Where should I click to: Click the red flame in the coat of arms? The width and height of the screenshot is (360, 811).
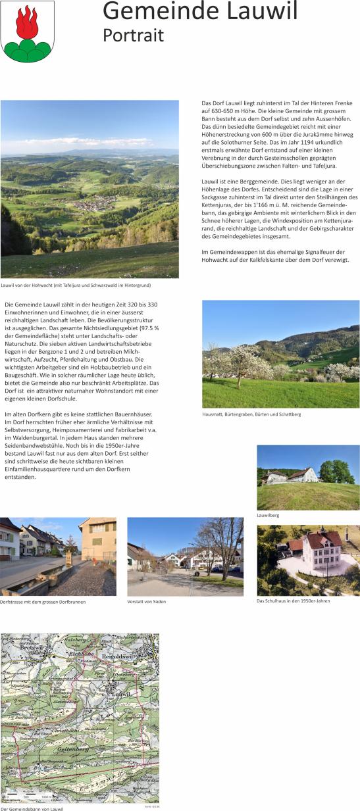click(28, 22)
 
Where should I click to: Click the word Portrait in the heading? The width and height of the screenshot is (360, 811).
click(133, 36)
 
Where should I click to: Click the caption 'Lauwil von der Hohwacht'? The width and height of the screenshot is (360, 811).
click(76, 285)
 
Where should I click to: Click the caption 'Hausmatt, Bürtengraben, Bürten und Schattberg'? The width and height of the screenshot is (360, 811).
click(251, 414)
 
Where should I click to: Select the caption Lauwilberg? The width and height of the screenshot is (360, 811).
click(268, 515)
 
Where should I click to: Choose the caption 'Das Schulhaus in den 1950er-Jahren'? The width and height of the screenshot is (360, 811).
click(293, 601)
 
